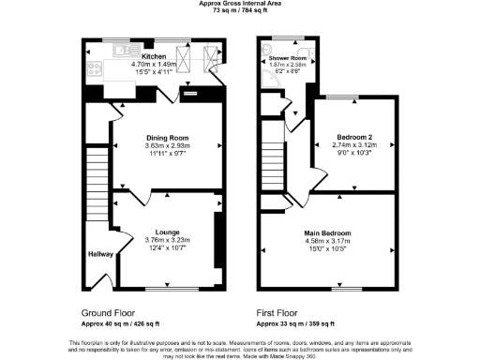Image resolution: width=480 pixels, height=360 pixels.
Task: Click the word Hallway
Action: pyautogui.click(x=99, y=254)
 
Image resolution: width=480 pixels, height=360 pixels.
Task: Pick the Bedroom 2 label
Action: pyautogui.click(x=354, y=138)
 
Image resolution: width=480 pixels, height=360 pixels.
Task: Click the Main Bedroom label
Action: pyautogui.click(x=328, y=232)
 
